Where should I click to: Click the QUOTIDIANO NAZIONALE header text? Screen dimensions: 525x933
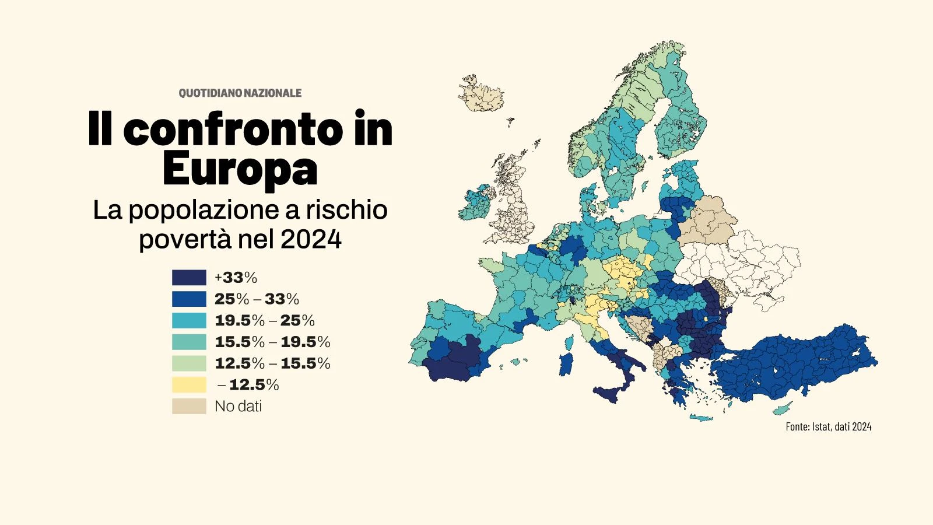pos(240,93)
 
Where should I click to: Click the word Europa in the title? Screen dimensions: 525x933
pos(240,168)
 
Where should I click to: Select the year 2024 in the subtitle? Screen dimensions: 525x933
pos(311,239)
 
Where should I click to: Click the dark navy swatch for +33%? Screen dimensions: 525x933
pos(189,277)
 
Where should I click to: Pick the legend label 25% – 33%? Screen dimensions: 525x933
pos(257,299)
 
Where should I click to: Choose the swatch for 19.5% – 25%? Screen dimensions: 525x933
pos(189,320)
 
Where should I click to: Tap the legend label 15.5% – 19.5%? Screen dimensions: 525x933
pos(272,342)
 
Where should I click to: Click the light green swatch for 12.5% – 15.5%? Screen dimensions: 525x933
pos(189,363)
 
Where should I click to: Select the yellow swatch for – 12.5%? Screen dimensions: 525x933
pos(189,385)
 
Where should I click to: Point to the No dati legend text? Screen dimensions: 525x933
pos(238,406)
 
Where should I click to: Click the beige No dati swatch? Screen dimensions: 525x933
pos(189,406)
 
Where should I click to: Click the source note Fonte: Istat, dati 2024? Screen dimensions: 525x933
pos(828,426)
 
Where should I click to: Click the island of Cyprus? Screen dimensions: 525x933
pos(783,408)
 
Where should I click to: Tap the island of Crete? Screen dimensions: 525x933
pos(701,417)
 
